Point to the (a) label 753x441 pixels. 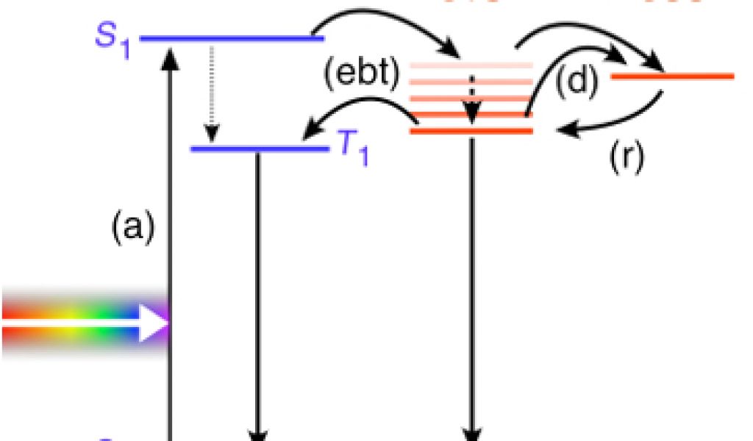(x=133, y=229)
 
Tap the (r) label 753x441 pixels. (x=627, y=156)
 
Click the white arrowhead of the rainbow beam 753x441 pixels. (x=154, y=323)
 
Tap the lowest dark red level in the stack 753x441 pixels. (x=471, y=131)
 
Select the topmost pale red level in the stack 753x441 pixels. (x=471, y=65)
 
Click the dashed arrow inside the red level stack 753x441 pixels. (x=471, y=96)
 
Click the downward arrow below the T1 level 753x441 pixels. (x=257, y=294)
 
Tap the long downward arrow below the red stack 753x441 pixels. (x=471, y=294)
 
